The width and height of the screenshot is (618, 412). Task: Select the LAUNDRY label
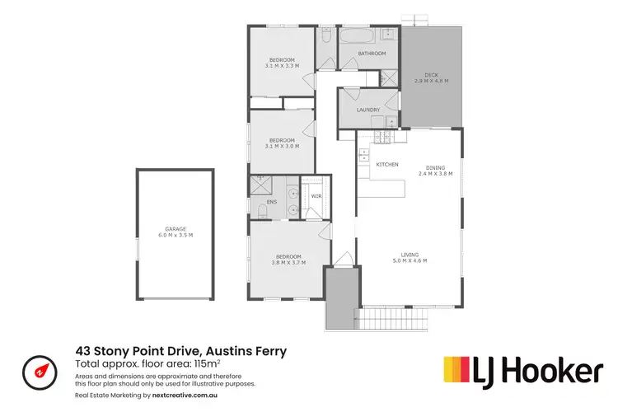coord(368,110)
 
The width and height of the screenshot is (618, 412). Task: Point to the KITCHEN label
coord(387,165)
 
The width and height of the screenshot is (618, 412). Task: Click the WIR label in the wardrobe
coord(316,196)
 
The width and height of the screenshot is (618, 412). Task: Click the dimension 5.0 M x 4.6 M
coord(410,261)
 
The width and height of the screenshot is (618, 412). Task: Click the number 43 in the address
coord(83,351)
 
